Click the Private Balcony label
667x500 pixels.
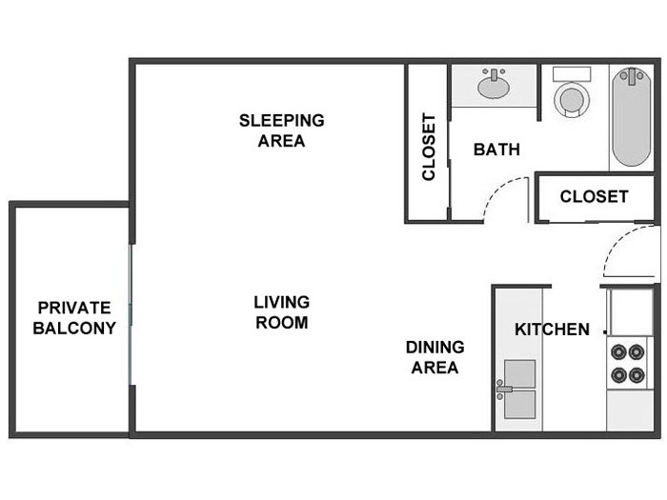[x=74, y=317]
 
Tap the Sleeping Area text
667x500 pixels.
[x=282, y=130]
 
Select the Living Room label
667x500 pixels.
[x=282, y=312]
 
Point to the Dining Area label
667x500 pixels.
[x=435, y=357]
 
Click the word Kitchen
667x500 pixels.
[x=552, y=330]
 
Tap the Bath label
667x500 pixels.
[x=496, y=150]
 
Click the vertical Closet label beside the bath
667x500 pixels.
[x=429, y=147]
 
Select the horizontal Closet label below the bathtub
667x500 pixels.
[x=594, y=196]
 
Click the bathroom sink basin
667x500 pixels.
[x=494, y=88]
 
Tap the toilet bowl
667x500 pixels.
[x=572, y=100]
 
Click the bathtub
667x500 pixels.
[x=632, y=117]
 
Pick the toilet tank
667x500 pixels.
[x=572, y=74]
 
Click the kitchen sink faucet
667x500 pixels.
[x=504, y=389]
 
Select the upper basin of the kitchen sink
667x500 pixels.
[x=519, y=373]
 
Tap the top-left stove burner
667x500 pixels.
[x=618, y=352]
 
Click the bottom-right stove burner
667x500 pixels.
[x=637, y=375]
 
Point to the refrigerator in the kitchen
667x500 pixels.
[x=631, y=312]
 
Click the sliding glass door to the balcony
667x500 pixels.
[x=131, y=314]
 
